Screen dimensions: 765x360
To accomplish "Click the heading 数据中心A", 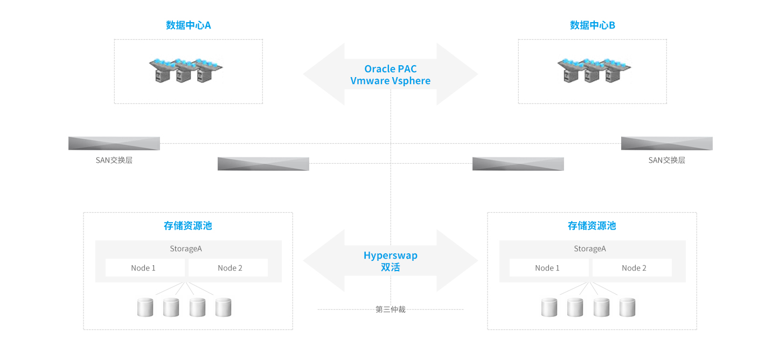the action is (x=188, y=25).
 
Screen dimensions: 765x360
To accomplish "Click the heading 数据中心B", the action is (x=592, y=25).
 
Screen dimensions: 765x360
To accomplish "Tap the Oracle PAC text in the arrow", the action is (x=391, y=68).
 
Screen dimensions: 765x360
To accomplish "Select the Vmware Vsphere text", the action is (x=391, y=81).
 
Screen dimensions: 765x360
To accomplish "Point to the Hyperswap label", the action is (x=391, y=255).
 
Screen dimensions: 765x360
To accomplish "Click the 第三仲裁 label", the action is (x=391, y=309).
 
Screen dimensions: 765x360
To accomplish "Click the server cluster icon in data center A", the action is (x=186, y=71).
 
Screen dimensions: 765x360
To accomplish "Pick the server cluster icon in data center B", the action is (x=594, y=71).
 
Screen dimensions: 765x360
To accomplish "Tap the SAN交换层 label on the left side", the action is (x=114, y=160).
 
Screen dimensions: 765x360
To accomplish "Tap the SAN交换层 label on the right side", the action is (x=666, y=160).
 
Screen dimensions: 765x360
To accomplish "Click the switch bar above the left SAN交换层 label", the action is (x=114, y=143).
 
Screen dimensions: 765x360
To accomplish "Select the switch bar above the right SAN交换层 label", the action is (x=666, y=143).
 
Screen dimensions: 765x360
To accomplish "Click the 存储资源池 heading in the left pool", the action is (x=188, y=226).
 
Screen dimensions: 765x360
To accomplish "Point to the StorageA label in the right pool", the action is (x=590, y=248).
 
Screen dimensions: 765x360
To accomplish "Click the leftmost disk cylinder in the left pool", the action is (x=145, y=307).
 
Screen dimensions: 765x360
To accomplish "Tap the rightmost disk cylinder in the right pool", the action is (x=628, y=307).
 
